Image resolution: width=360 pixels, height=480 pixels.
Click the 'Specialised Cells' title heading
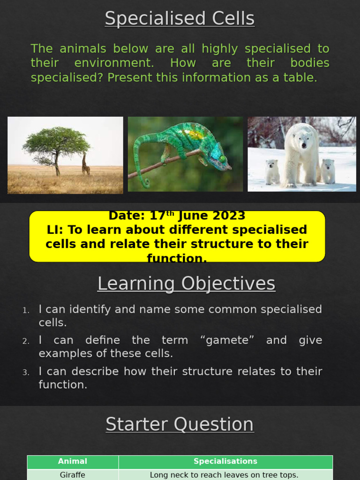click(x=180, y=19)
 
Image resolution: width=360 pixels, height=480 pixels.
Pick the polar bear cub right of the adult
click(x=328, y=170)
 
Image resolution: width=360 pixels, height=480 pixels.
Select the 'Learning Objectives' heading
click(x=186, y=284)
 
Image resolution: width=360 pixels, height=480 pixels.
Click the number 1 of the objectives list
click(x=26, y=310)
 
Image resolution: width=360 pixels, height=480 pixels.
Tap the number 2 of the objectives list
click(x=26, y=341)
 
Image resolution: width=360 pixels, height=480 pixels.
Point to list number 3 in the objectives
click(x=26, y=373)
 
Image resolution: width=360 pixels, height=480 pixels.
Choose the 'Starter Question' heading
click(x=180, y=424)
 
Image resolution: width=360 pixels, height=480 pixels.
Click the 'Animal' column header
click(x=73, y=461)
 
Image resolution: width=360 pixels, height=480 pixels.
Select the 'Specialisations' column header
click(x=225, y=461)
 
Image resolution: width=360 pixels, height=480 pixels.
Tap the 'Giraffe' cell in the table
click(x=73, y=475)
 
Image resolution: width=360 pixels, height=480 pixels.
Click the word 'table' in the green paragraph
click(x=301, y=78)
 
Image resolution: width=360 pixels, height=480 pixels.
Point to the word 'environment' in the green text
click(x=114, y=63)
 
